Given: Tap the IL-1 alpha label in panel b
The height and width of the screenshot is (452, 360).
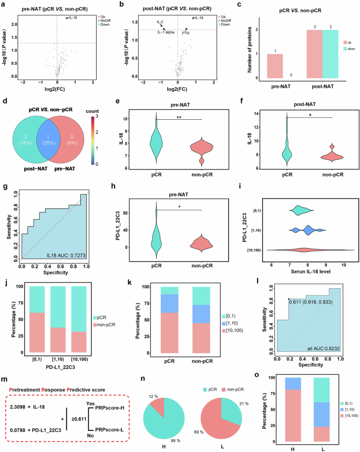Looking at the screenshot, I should tap(167, 33).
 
